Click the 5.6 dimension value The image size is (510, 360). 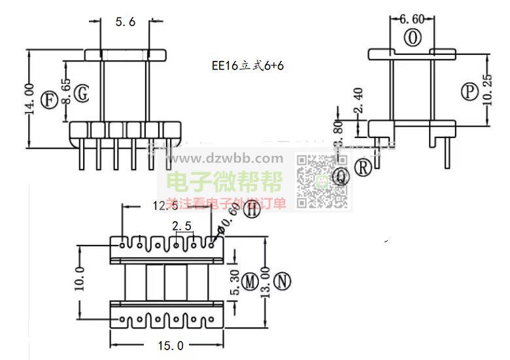(x=125, y=22)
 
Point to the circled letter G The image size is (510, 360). (x=81, y=94)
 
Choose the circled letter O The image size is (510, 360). (x=413, y=39)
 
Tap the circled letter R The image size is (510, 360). (x=363, y=168)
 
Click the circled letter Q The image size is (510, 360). (x=341, y=176)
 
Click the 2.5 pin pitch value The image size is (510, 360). (x=181, y=226)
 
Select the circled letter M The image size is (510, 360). (x=250, y=282)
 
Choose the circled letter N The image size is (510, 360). (x=282, y=281)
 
